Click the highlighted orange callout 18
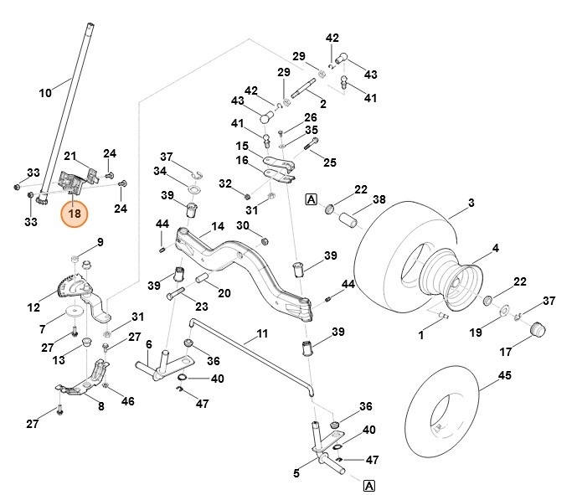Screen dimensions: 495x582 click(75, 213)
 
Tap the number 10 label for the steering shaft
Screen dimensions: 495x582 click(45, 92)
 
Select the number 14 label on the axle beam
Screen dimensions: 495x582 click(218, 226)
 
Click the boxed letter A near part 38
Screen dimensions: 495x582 click(311, 199)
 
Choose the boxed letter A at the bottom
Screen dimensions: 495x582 click(368, 485)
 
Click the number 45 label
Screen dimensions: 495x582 click(504, 375)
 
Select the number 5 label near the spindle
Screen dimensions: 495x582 click(296, 473)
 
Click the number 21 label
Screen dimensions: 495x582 click(71, 156)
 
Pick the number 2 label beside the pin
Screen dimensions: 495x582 click(323, 104)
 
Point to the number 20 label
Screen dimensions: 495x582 click(224, 292)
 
